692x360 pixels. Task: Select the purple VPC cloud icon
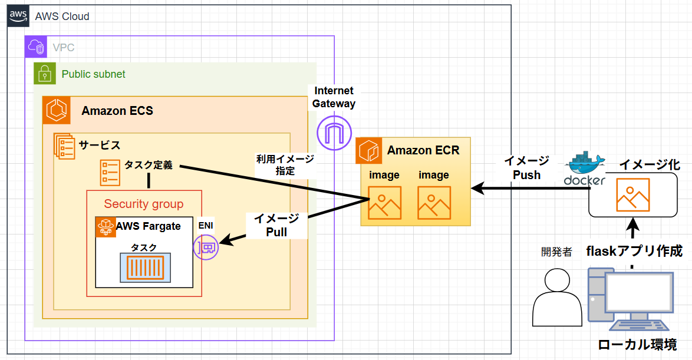tap(35, 47)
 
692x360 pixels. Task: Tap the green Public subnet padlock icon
tap(44, 74)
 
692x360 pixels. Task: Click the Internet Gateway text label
tap(334, 97)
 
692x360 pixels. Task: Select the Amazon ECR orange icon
tap(369, 150)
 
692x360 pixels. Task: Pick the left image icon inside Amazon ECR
tap(384, 203)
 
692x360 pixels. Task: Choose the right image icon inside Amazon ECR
tap(434, 203)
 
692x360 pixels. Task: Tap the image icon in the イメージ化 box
tap(632, 194)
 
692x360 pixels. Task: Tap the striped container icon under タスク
tap(145, 266)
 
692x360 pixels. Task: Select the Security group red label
tap(144, 204)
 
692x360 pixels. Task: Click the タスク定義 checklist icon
tap(110, 172)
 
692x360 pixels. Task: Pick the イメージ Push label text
tap(526, 167)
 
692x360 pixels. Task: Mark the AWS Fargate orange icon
tap(106, 227)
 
